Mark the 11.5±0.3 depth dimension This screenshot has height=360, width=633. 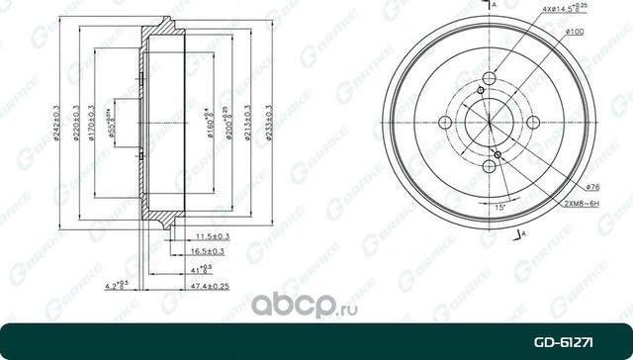(213, 236)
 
